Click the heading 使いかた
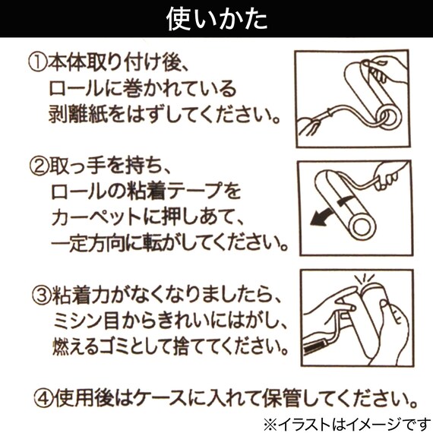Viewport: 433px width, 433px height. pos(216,19)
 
